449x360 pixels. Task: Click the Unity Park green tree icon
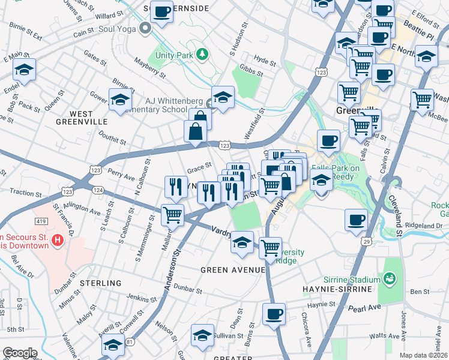[x=202, y=55]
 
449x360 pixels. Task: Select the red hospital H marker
[x=57, y=241]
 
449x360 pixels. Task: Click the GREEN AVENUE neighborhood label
[x=233, y=270]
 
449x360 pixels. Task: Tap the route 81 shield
[x=129, y=343]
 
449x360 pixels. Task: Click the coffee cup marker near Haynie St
[x=274, y=314]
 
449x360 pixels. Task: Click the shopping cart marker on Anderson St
[x=173, y=214]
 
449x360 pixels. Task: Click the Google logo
[x=20, y=353]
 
